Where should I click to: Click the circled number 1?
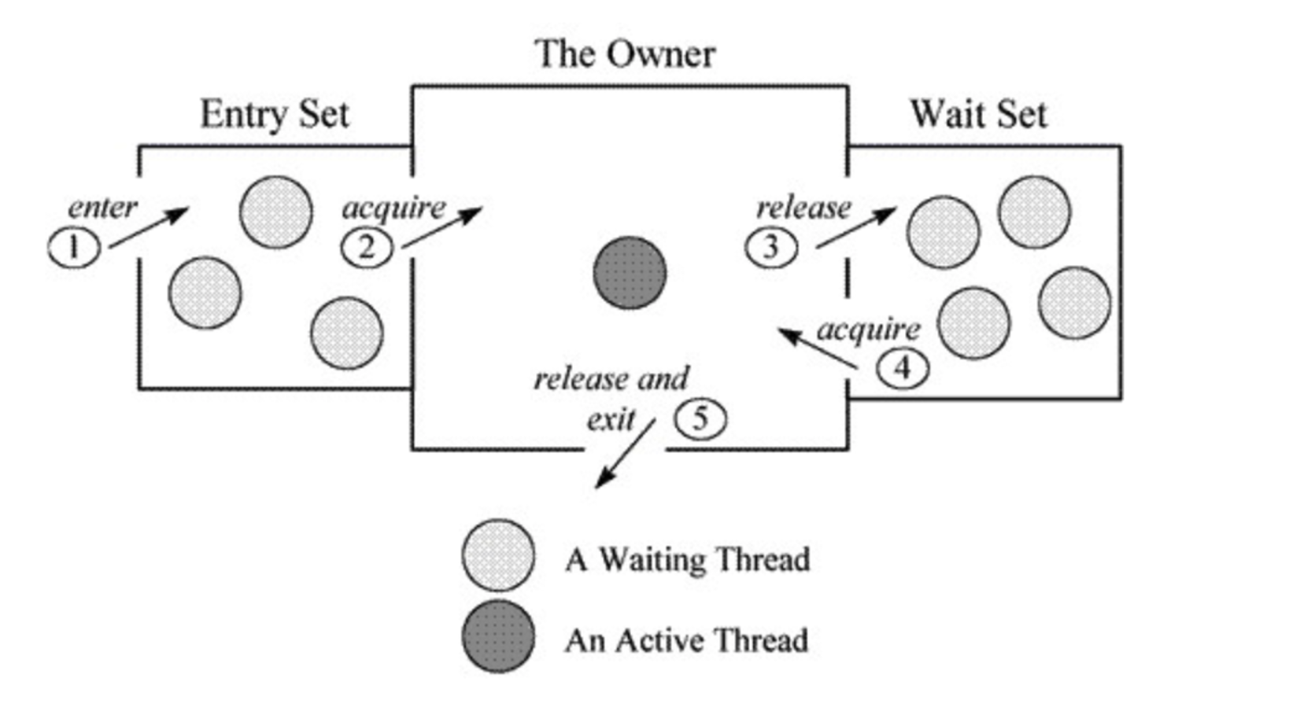click(x=74, y=249)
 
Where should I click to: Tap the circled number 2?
click(x=367, y=249)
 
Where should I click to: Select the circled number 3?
click(x=771, y=248)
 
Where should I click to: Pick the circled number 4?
click(x=903, y=368)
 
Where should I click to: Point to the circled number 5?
click(x=700, y=418)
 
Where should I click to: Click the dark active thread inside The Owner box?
click(x=630, y=273)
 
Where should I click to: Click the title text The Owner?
click(x=625, y=54)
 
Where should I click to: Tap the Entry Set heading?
click(x=275, y=115)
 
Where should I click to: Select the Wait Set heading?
click(x=979, y=114)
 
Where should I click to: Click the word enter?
click(x=103, y=208)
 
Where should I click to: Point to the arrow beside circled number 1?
click(x=150, y=227)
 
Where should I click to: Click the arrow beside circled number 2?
click(x=442, y=227)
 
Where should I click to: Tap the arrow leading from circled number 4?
click(x=818, y=348)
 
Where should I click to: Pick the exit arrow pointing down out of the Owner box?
click(x=626, y=454)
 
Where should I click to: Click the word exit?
click(x=611, y=420)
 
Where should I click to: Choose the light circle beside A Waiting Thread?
click(x=499, y=555)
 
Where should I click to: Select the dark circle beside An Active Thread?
click(x=499, y=637)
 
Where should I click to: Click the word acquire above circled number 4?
click(x=869, y=330)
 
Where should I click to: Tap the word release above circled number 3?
click(x=804, y=208)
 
